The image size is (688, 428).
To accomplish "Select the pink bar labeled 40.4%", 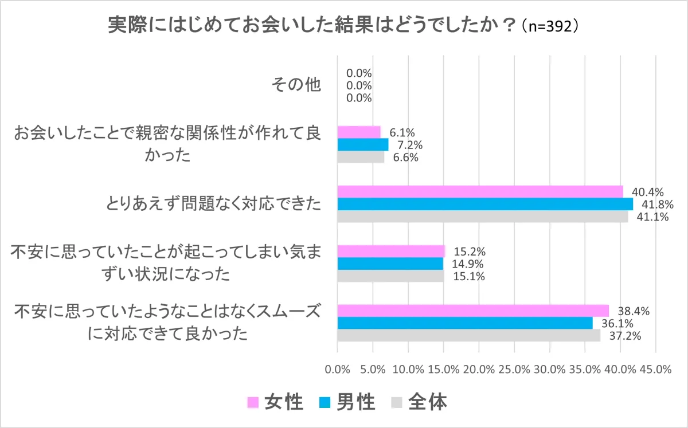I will tap(480, 191).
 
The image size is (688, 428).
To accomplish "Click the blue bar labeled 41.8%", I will tap(485, 204).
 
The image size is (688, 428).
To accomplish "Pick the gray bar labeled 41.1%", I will tap(482, 217).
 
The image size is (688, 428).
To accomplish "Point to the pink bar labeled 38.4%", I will tap(473, 311).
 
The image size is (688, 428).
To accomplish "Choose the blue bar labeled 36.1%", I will tap(465, 323).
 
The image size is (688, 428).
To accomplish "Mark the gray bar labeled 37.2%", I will tap(468, 336).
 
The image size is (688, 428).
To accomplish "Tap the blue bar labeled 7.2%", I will tap(362, 144).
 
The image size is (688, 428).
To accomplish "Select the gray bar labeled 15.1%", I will tap(390, 276).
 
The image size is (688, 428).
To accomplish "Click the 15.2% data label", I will tap(470, 252).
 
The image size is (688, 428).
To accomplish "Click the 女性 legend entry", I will tap(276, 403).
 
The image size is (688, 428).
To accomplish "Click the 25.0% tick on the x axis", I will tap(514, 370).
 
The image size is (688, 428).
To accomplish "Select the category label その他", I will tap(296, 86).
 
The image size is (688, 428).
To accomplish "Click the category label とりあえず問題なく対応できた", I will tap(213, 204).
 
